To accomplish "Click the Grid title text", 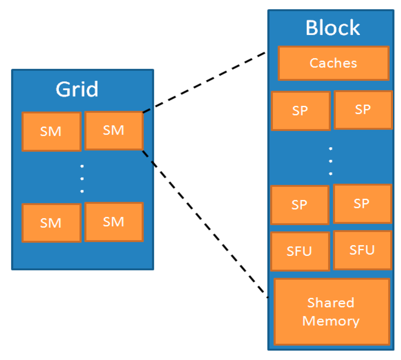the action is [x=77, y=89].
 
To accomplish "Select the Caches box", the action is [x=334, y=63].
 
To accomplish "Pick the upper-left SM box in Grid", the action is [x=51, y=132].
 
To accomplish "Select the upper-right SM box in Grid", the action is [x=114, y=131].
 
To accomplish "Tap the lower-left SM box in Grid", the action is [x=51, y=223].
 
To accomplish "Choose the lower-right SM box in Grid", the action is [x=114, y=222].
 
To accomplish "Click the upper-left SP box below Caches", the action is [x=301, y=111].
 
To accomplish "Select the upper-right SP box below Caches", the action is [x=363, y=110].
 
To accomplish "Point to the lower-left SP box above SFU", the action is [x=300, y=205].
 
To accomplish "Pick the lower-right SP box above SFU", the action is [x=362, y=204].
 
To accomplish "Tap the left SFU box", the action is [x=300, y=251].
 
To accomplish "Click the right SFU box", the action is [x=362, y=250].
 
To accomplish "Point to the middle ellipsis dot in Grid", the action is [x=82, y=179].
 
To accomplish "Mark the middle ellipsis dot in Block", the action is [x=331, y=161].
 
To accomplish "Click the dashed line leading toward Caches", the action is [x=204, y=83].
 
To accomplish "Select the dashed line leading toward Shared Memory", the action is [x=205, y=224].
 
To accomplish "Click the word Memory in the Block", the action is [x=331, y=322].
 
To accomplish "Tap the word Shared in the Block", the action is [x=331, y=303].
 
